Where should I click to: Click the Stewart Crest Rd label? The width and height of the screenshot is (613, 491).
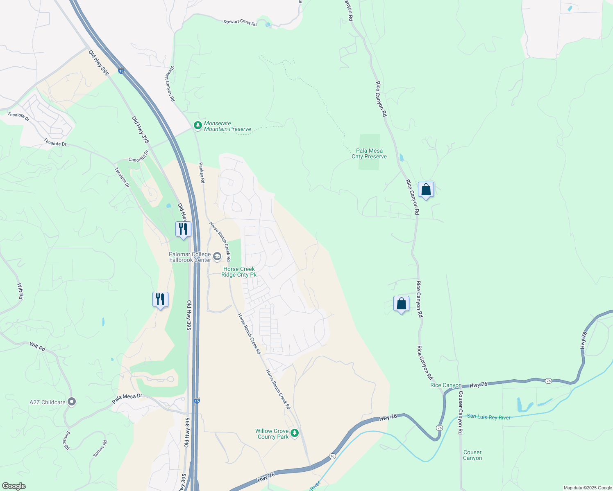coord(240,22)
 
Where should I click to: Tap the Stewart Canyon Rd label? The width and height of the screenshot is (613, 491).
coord(170,84)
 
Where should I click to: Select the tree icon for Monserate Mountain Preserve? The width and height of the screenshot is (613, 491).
coord(198,125)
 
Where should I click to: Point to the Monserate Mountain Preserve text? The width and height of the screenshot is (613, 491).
coord(227,126)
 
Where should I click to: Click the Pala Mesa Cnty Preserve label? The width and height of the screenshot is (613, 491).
coord(369,153)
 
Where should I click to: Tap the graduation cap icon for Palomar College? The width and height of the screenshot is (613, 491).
coord(217,257)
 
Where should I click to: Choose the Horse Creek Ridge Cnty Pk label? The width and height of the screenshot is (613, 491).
coord(239,272)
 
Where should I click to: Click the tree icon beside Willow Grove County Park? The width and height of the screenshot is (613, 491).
coord(294,433)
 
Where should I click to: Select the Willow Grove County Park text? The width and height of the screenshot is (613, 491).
coord(272,434)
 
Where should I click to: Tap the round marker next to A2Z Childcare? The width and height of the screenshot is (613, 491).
coord(72,402)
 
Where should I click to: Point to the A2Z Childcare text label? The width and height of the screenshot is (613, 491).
coord(48,402)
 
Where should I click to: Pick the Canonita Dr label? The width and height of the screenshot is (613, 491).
coord(138,158)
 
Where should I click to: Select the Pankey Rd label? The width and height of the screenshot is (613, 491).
coord(202,172)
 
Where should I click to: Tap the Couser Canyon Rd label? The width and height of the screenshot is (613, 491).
coord(461,413)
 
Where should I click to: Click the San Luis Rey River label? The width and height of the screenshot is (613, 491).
coord(489,417)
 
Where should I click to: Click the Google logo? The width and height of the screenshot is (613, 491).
coord(14,486)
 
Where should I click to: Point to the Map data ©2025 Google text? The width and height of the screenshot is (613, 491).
coord(588,488)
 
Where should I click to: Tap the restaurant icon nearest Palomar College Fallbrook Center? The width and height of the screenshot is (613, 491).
coord(183,229)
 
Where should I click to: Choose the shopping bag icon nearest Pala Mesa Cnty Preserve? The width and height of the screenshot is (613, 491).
coord(426,190)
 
